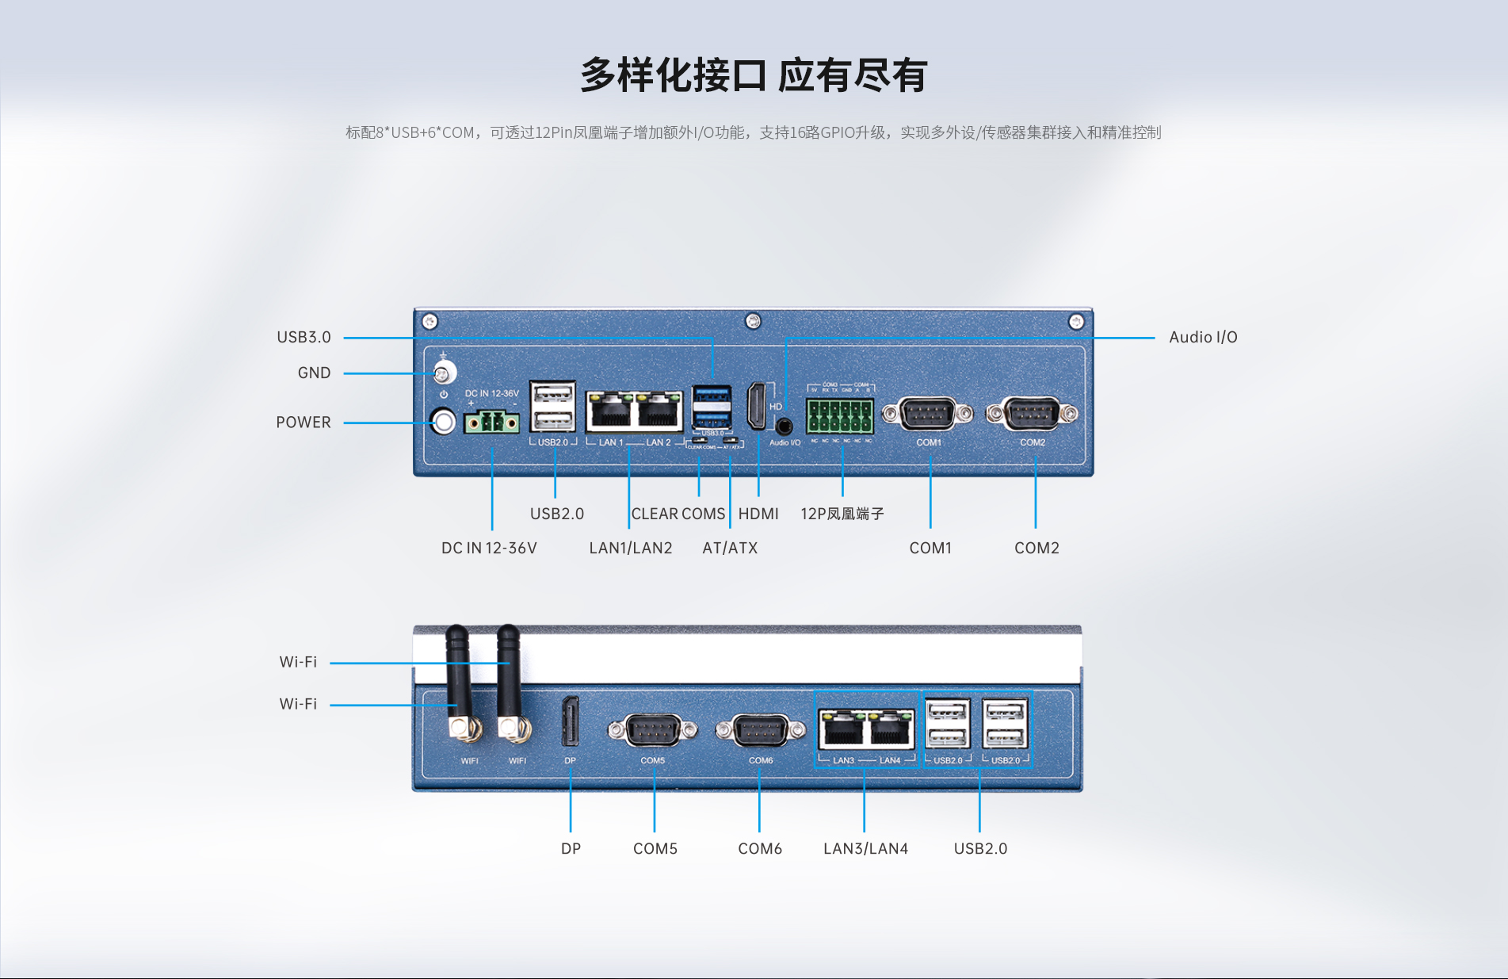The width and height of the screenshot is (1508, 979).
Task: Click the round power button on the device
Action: [x=444, y=421]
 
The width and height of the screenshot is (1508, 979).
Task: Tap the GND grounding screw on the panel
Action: [x=444, y=373]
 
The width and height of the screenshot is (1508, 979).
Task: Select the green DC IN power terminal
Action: [x=491, y=423]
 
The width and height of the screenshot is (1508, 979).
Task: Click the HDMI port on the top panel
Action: [x=758, y=406]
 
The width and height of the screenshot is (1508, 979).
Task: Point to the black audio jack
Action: [x=785, y=426]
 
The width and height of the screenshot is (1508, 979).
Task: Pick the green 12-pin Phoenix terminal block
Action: [x=840, y=415]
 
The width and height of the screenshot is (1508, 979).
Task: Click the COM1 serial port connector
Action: [x=928, y=413]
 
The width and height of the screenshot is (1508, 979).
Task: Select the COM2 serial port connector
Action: [x=1032, y=413]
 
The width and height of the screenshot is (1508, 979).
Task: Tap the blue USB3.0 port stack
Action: [x=712, y=406]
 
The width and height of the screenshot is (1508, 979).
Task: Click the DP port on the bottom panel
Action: [x=571, y=721]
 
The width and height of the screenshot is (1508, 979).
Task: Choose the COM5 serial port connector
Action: [x=653, y=729]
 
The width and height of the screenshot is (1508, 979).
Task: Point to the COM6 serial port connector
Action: [x=761, y=729]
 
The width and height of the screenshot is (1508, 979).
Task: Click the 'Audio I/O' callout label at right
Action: [x=1203, y=337]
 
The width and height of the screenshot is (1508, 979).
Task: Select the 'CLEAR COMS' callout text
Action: [x=678, y=514]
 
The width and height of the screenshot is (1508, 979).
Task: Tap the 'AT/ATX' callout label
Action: [x=730, y=548]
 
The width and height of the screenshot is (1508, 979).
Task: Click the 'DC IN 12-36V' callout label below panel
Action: [x=489, y=548]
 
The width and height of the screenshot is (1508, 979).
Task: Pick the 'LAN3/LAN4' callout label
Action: [x=865, y=848]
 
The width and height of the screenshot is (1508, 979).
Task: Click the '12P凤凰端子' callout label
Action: [x=842, y=514]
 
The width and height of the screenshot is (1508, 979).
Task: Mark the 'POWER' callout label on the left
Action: [x=304, y=423]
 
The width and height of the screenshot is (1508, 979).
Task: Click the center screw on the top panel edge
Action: [x=754, y=321]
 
